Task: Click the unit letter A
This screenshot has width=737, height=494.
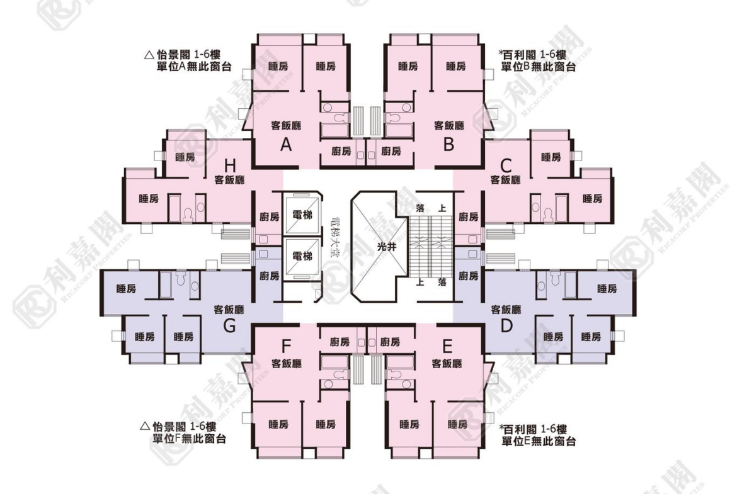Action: point(286,145)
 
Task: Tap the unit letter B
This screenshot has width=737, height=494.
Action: point(448,144)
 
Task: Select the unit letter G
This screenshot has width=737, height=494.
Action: point(229,325)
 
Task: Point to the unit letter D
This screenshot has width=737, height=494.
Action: point(506,325)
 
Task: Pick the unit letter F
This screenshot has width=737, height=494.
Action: point(286,347)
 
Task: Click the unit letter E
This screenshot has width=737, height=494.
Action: point(447,347)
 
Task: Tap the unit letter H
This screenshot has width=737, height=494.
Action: point(229,166)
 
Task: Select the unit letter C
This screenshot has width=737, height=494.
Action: point(506,166)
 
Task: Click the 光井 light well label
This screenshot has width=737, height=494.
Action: point(387,247)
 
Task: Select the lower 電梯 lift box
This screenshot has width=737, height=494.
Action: point(302,256)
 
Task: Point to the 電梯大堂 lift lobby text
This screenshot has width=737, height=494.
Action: point(335,238)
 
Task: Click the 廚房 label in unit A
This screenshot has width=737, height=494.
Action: point(341,151)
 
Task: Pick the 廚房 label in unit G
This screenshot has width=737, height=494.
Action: point(270,276)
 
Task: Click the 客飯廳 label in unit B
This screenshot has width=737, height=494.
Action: point(449,125)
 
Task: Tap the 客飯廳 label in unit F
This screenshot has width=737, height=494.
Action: point(286,364)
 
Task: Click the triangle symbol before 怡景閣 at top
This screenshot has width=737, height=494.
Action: point(149,55)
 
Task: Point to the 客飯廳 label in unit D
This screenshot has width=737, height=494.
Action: point(506,310)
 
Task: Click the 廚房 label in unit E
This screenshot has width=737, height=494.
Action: point(390,342)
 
